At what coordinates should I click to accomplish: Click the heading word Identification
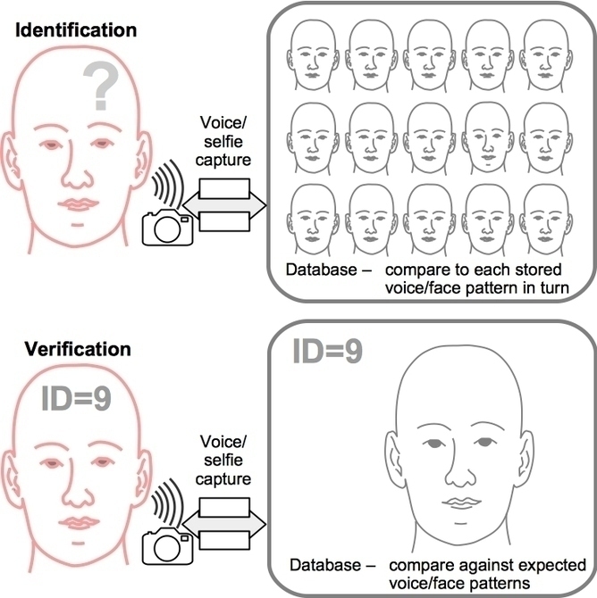[74, 30]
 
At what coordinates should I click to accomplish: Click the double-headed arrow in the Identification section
[223, 205]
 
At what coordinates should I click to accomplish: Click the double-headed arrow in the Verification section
[223, 521]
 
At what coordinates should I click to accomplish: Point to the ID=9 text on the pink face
[75, 397]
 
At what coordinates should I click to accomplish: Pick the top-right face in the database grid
[546, 54]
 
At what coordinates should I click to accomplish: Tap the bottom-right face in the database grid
[546, 214]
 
